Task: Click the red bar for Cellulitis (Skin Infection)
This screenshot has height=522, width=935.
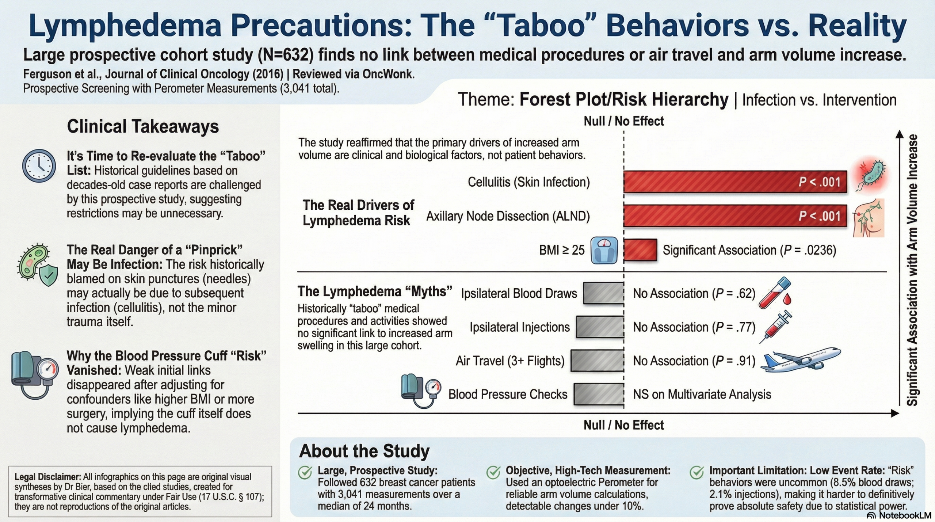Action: point(735,182)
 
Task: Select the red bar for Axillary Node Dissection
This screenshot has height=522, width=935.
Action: point(735,216)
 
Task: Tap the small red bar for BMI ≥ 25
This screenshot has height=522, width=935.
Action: point(640,250)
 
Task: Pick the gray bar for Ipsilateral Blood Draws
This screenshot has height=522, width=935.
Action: point(603,293)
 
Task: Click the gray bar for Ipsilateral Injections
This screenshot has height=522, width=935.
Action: point(600,327)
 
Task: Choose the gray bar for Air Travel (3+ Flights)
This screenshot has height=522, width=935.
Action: point(597,361)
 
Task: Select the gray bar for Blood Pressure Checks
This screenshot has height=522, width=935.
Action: point(599,395)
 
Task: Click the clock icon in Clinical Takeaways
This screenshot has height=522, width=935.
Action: point(39,166)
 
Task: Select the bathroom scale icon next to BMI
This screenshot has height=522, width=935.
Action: point(604,250)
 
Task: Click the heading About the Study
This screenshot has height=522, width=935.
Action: point(364,451)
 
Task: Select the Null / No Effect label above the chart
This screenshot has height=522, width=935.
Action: point(624,121)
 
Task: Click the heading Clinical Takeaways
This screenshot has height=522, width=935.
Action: point(143,126)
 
